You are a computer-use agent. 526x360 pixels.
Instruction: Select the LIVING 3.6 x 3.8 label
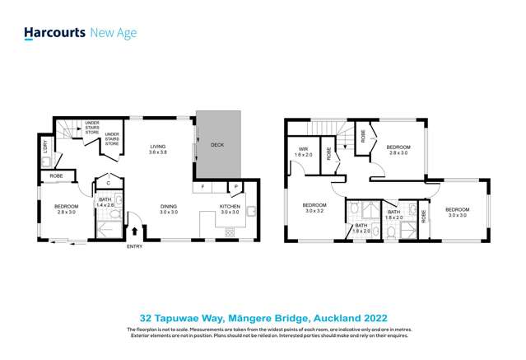157,150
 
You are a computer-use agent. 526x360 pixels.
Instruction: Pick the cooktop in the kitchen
230,232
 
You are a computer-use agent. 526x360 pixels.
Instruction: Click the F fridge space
202,187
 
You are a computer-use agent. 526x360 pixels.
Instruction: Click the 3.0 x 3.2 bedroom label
314,208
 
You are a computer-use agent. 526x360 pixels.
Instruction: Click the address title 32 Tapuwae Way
263,316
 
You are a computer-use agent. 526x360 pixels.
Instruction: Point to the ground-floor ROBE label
56,175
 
